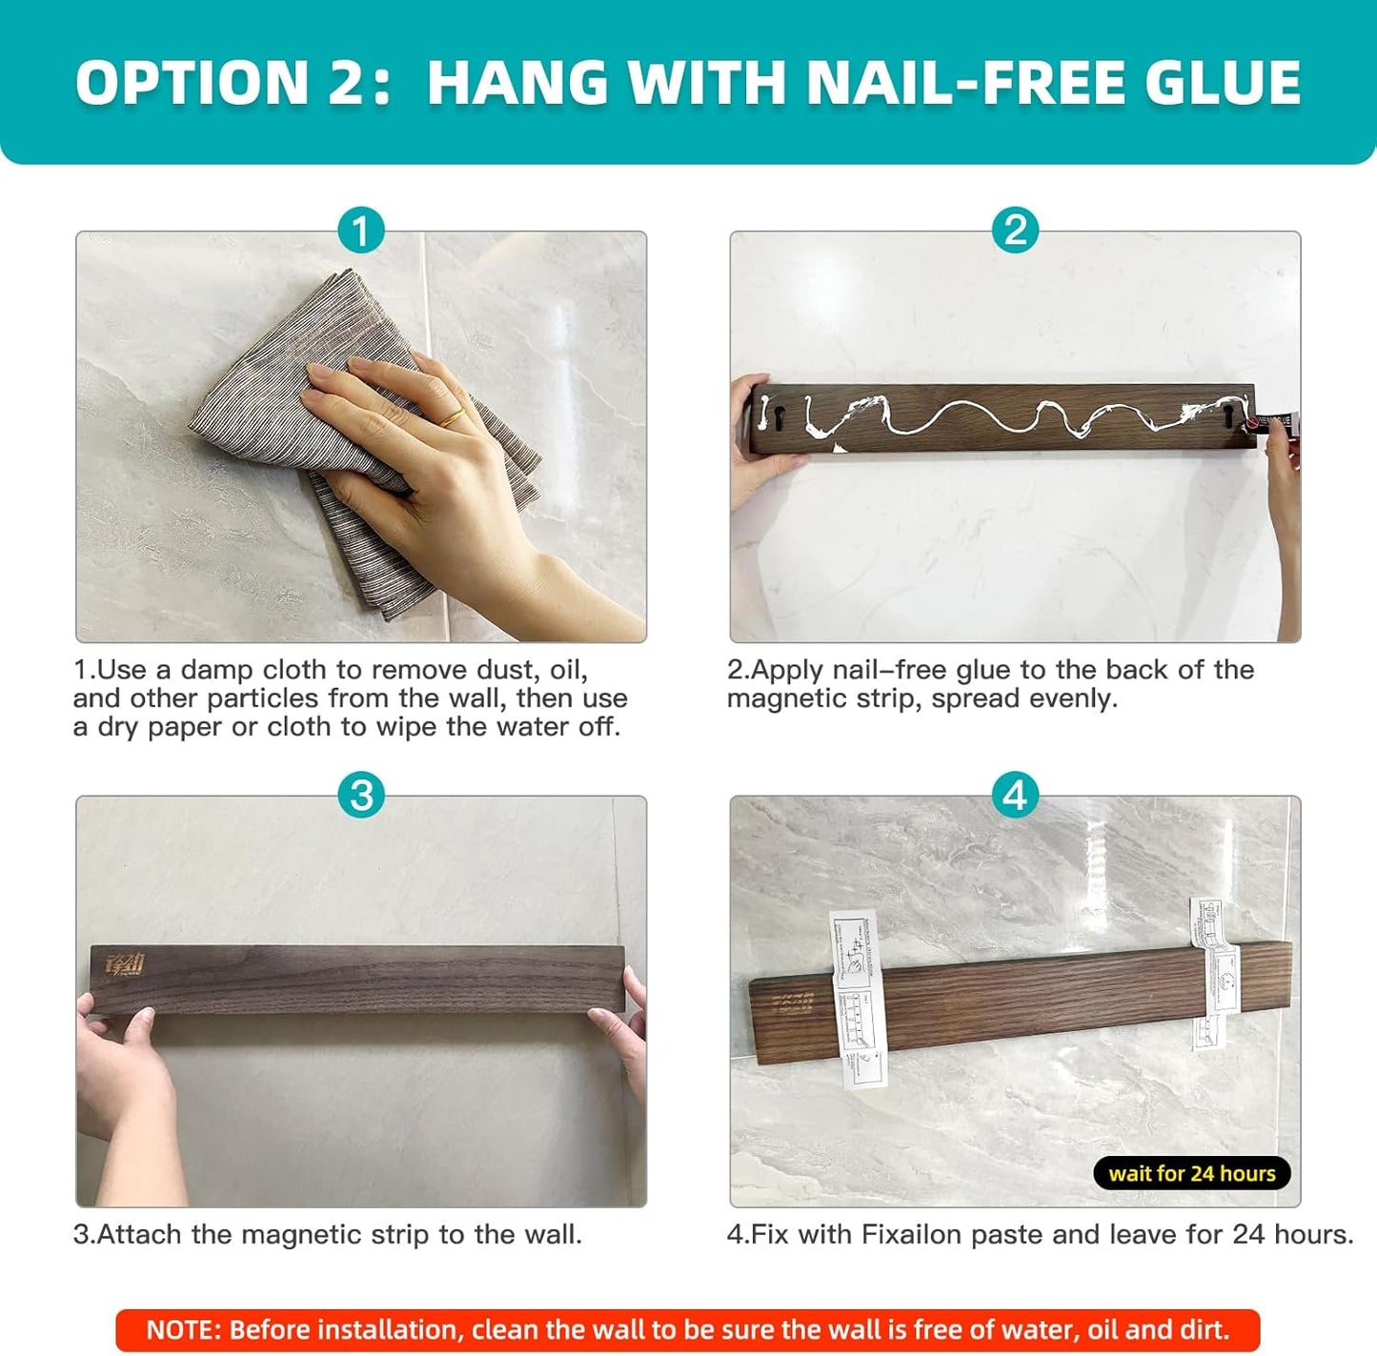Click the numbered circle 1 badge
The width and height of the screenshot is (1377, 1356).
(x=360, y=231)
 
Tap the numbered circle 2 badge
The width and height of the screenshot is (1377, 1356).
(x=1015, y=231)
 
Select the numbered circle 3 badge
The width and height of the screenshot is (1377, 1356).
(x=360, y=795)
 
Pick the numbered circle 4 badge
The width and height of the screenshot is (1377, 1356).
(x=1015, y=795)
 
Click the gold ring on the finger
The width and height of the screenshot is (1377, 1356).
(x=452, y=416)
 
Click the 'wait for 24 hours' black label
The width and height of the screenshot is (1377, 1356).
(x=1191, y=1173)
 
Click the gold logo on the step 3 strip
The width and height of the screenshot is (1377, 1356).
(x=125, y=966)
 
